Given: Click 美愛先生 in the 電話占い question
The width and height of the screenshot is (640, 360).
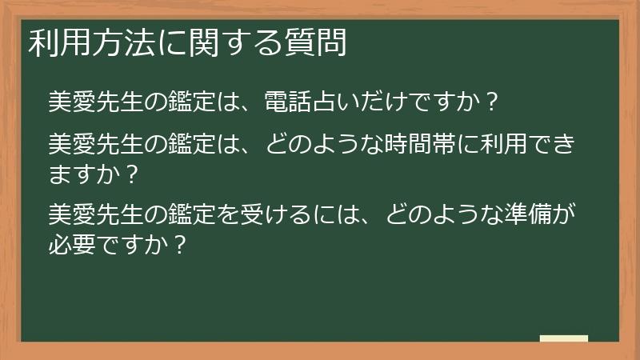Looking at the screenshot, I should pyautogui.click(x=95, y=102).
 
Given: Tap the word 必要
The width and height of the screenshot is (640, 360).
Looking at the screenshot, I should pyautogui.click(x=72, y=243).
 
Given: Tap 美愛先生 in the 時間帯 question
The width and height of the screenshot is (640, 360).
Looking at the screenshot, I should pyautogui.click(x=95, y=145).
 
